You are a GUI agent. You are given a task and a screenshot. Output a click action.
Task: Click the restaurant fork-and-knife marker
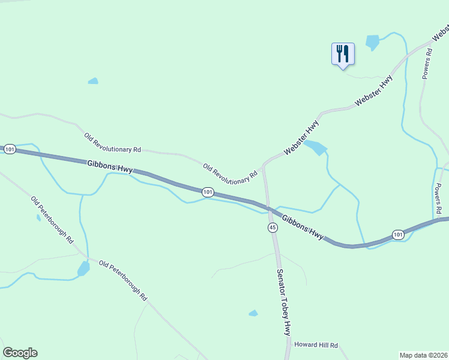(343, 53)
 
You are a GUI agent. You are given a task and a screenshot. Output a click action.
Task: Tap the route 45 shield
(273, 227)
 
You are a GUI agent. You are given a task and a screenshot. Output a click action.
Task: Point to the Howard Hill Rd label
(316, 345)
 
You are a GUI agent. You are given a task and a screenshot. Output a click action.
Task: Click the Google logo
(20, 353)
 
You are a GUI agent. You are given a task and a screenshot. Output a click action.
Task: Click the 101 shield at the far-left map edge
(10, 148)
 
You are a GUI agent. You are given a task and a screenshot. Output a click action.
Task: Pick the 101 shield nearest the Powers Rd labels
(398, 234)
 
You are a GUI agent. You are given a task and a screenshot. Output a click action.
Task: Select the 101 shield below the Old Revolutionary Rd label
(208, 192)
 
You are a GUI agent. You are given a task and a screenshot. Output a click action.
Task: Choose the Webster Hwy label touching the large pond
(302, 138)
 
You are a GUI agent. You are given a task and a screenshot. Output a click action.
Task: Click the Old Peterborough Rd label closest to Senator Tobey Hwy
(123, 281)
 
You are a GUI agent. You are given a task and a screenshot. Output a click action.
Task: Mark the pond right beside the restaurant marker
(372, 42)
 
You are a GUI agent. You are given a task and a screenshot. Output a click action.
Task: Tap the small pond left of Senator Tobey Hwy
(253, 313)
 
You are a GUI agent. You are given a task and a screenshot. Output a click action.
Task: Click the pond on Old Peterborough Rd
(83, 268)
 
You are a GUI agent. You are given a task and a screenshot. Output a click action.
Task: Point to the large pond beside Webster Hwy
(316, 147)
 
